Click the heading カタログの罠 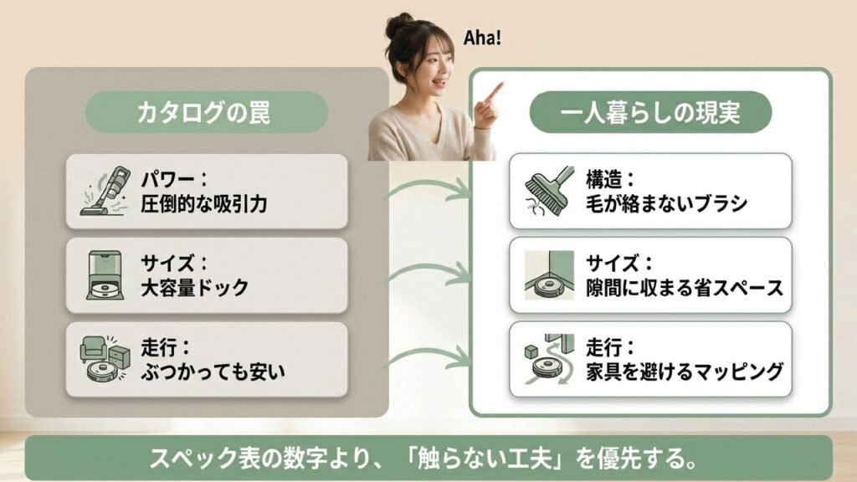(203, 113)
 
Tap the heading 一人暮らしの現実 (649, 113)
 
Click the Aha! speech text (482, 38)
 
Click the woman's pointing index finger (494, 92)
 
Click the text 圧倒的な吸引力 (204, 204)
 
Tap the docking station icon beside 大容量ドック (105, 274)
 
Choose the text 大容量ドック (194, 288)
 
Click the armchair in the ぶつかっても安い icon (92, 350)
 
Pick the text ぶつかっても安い (213, 372)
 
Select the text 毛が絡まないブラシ (667, 204)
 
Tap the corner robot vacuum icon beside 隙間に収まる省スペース (549, 274)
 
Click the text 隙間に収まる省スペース (685, 288)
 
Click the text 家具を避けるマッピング (685, 372)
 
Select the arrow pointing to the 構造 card (429, 187)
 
